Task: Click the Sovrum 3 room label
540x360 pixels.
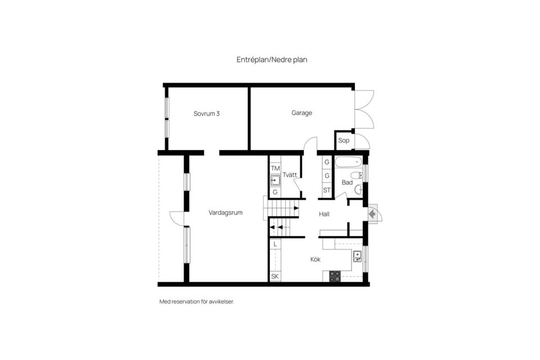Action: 206,114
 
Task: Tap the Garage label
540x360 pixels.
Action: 301,113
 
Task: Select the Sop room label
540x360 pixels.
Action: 343,141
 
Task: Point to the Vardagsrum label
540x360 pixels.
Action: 226,213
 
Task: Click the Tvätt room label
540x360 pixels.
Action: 290,175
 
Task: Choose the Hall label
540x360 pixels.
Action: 324,214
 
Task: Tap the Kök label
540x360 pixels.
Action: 316,259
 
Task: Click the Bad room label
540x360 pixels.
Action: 347,183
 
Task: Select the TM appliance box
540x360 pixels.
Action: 275,168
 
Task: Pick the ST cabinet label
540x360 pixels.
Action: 327,190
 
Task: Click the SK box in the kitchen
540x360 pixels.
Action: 275,277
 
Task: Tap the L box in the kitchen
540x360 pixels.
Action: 275,245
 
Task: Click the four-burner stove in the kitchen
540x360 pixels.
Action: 335,276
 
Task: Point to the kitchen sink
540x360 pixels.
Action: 357,256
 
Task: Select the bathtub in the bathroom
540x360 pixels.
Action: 349,162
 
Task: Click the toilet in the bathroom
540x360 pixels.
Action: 357,175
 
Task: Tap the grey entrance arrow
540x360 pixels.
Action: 372,214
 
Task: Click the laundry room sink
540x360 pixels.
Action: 275,181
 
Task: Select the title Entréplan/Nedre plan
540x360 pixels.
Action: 272,60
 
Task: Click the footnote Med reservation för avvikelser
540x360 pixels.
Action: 197,301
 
